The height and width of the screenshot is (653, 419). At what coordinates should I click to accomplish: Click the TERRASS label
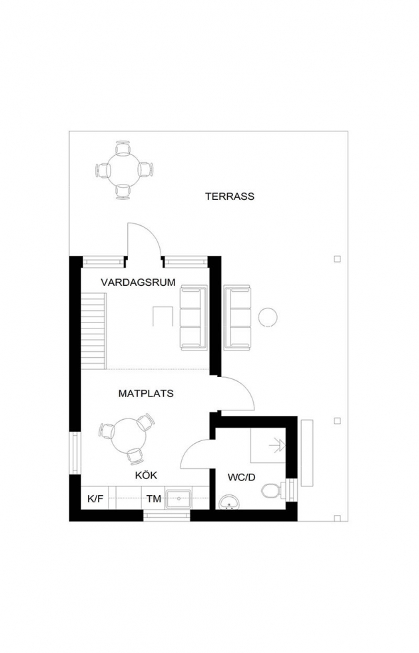(230, 196)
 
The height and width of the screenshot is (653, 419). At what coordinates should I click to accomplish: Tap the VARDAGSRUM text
(138, 283)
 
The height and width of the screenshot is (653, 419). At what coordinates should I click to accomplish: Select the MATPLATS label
(146, 394)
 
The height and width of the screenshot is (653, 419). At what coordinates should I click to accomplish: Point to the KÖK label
(146, 475)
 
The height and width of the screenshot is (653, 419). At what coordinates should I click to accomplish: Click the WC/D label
(241, 477)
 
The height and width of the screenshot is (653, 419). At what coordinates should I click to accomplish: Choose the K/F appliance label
(95, 498)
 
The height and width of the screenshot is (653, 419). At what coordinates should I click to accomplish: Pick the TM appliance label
(154, 498)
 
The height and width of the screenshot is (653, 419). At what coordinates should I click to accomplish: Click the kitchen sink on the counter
(179, 499)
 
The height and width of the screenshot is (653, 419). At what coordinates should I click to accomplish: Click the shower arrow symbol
(277, 446)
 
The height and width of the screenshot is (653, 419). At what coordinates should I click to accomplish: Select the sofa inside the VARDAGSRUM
(193, 317)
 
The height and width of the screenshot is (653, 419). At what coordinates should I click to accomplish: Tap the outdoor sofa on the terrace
(238, 317)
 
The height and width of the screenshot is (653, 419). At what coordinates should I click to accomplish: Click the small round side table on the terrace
(268, 317)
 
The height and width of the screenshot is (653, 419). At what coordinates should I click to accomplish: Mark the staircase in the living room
(93, 330)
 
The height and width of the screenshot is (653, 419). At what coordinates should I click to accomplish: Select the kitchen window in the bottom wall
(167, 516)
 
